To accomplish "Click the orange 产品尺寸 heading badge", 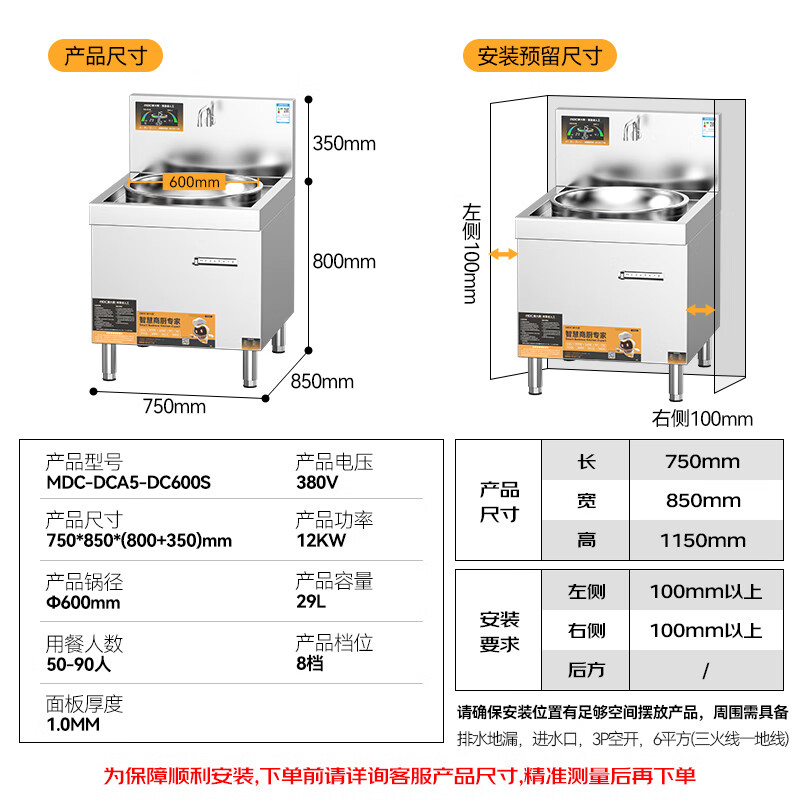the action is [105, 56].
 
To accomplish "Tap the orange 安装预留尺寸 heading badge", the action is [540, 56].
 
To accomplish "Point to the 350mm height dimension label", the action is [344, 143].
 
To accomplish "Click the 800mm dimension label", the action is [344, 262].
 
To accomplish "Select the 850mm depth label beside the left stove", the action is [322, 381].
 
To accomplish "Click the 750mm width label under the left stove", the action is [174, 406].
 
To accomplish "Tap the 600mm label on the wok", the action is [194, 182].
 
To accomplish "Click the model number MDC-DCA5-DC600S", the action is [128, 482].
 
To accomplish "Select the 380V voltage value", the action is [317, 482].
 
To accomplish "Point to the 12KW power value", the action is [320, 541].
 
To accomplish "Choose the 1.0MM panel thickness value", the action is [73, 724].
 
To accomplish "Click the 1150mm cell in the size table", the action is [702, 540].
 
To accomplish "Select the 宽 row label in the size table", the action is [587, 501].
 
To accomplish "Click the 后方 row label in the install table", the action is [587, 670].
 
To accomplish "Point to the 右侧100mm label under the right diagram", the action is [702, 418].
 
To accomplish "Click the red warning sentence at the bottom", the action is [400, 775].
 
